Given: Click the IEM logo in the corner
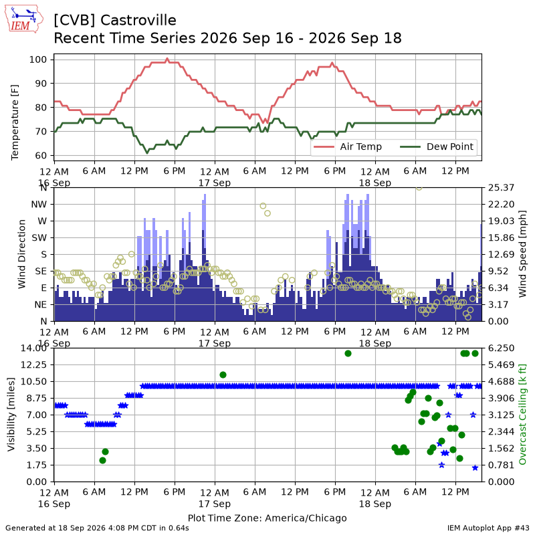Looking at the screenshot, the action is click(x=23, y=19).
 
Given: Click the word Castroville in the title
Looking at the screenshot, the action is click(x=138, y=20).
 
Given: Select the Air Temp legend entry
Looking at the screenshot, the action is click(x=347, y=146).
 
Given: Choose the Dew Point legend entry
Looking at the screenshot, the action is click(x=437, y=146).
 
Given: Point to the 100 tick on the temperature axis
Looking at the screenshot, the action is click(x=38, y=60).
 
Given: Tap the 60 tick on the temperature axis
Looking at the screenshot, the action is click(x=41, y=156).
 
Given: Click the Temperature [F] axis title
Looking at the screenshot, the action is click(x=15, y=122).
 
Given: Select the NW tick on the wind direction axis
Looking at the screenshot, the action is click(x=39, y=205).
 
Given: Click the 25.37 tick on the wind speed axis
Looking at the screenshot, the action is click(x=501, y=188).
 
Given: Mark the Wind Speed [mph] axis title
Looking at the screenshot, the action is click(x=522, y=254).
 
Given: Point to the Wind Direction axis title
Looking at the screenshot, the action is click(x=22, y=254).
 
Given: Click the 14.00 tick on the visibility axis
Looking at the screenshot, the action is click(x=33, y=348).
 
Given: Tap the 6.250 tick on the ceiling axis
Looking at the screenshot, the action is click(x=501, y=348).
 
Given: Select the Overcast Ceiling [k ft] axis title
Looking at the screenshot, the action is click(x=522, y=414).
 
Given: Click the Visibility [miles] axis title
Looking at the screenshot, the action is click(x=11, y=414).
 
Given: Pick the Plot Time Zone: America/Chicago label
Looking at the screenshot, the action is click(x=267, y=518).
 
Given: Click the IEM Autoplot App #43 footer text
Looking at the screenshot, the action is click(x=488, y=528).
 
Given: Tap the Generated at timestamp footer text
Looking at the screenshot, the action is click(x=97, y=528).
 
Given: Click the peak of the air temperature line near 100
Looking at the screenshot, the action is click(x=167, y=59).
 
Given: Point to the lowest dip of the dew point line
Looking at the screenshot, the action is click(x=147, y=153).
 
